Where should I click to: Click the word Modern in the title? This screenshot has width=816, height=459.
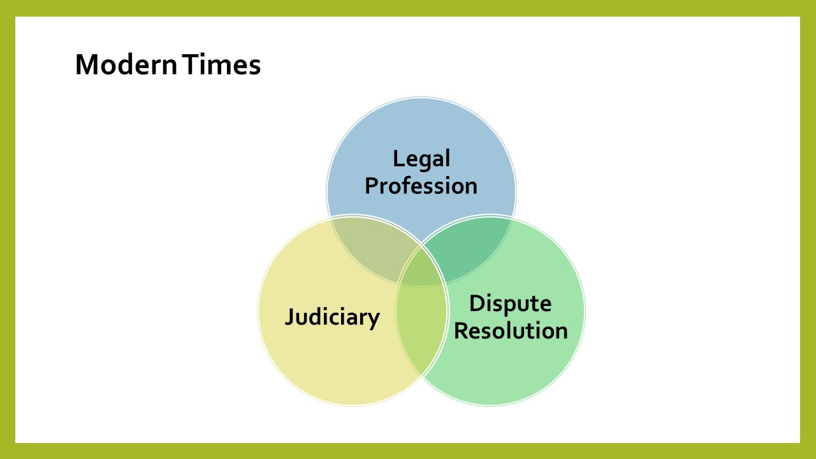click(126, 64)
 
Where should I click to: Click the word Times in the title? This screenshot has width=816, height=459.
click(221, 64)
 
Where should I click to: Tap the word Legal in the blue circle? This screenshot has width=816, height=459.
click(421, 159)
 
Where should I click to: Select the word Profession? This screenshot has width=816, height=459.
click(421, 186)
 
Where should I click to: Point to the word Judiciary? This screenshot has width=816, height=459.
click(332, 317)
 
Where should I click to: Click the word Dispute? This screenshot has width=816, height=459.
click(511, 304)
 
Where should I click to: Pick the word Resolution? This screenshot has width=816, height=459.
click(511, 331)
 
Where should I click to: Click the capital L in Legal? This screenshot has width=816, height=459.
click(398, 159)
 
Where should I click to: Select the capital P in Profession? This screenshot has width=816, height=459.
click(371, 186)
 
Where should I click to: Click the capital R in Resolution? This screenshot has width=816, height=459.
click(461, 330)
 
